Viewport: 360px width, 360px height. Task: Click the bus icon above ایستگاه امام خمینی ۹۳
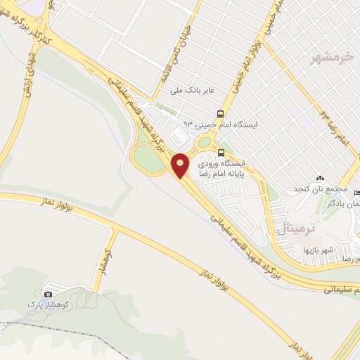pyautogui.click(x=221, y=112)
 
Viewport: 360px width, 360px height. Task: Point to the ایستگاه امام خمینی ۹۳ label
pyautogui.click(x=220, y=124)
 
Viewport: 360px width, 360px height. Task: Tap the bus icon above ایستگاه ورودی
pyautogui.click(x=221, y=152)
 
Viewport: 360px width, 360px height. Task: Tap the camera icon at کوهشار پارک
pyautogui.click(x=48, y=295)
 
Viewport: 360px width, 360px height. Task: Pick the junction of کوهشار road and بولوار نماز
pyautogui.click(x=115, y=227)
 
